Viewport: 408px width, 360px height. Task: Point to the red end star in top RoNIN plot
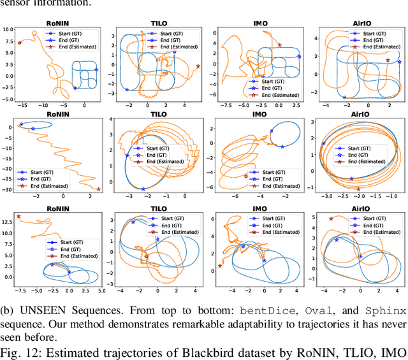(x=19, y=43)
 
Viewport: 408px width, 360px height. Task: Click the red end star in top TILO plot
(x=198, y=66)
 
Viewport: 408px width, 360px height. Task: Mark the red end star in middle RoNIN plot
(x=98, y=189)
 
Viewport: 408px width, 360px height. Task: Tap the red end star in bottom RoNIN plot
(x=18, y=217)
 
